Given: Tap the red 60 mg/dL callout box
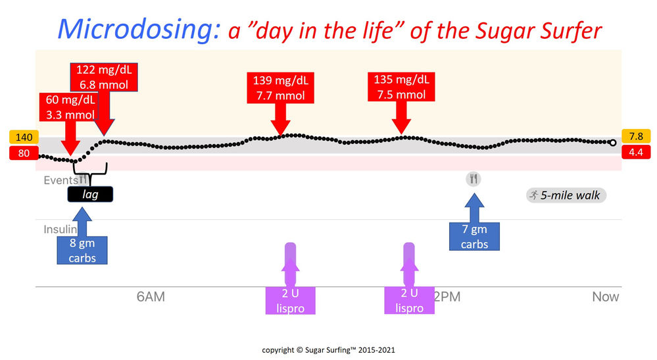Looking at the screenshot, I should (70, 107).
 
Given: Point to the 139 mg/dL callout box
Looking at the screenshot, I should (281, 88).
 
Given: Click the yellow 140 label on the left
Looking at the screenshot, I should (23, 138).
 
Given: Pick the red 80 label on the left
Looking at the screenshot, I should (23, 153).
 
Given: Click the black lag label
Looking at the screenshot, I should (91, 193).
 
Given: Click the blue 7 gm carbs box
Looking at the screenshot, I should (474, 236).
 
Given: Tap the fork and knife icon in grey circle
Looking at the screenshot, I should (474, 178).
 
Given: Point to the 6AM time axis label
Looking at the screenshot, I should (151, 297).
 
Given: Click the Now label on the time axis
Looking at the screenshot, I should (605, 297).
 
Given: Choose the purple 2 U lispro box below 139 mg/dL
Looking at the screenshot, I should (289, 300).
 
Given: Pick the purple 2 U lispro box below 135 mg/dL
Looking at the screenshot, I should (409, 300).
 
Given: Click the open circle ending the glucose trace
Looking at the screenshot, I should (613, 142).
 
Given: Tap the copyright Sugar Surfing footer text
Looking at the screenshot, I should (328, 350).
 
